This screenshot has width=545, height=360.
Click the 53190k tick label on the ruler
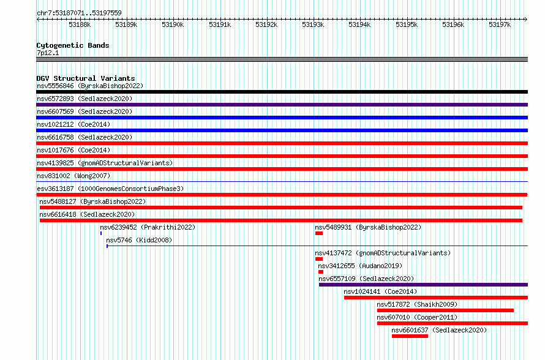(173, 24)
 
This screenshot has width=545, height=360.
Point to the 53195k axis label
(407, 24)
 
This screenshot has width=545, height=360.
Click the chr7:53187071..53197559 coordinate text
(79, 13)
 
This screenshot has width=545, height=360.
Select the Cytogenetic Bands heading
(73, 45)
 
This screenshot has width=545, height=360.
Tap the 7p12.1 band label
(48, 53)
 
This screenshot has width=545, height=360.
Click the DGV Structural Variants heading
(86, 78)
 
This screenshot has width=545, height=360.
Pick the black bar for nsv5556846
(282, 92)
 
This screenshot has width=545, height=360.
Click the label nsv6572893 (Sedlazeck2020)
(85, 99)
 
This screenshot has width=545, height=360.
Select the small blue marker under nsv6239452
(101, 233)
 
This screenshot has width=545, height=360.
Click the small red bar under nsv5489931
(319, 233)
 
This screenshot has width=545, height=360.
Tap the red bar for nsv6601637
(410, 336)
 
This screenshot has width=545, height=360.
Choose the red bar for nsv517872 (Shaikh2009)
(445, 310)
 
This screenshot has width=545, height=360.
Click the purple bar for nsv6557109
(423, 285)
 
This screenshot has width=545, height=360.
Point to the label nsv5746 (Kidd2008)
(139, 240)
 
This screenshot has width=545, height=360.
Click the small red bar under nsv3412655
(321, 272)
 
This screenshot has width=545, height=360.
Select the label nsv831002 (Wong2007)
(73, 176)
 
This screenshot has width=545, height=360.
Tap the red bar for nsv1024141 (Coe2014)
(436, 298)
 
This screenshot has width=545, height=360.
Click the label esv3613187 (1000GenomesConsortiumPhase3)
(110, 189)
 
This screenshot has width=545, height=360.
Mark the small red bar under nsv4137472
(319, 259)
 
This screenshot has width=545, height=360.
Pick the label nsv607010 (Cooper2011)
(417, 317)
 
